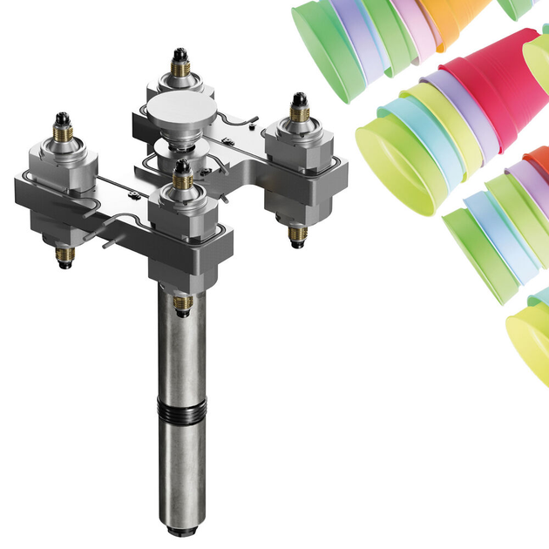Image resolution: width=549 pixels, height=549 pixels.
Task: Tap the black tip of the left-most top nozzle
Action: click(x=62, y=117)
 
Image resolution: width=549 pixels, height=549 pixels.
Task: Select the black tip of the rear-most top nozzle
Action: click(x=182, y=54)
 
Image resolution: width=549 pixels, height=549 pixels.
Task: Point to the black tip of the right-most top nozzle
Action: click(x=298, y=98)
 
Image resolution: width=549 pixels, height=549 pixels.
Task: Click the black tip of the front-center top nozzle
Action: click(x=182, y=165)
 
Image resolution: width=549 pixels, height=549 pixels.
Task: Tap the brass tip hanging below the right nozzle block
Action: click(x=296, y=238)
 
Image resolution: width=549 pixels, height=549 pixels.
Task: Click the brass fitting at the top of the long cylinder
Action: click(x=182, y=302)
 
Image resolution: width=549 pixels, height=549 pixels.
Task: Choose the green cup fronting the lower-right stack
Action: click(x=479, y=253)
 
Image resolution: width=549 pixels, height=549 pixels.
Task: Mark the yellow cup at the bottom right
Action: click(x=529, y=335)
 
